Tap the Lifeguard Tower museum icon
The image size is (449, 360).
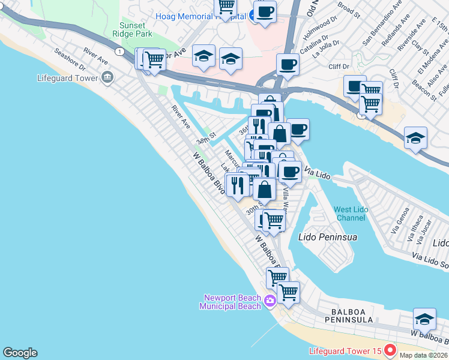tap(108, 77)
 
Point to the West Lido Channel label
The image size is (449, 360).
tap(351, 214)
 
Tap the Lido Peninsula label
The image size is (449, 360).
tap(327, 237)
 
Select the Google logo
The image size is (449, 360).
tap(20, 353)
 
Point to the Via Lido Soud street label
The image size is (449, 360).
tap(429, 260)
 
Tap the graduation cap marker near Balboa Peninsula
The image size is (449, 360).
tap(424, 319)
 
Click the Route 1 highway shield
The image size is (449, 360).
tap(121, 52)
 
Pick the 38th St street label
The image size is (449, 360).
tap(204, 140)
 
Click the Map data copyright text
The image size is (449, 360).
tap(424, 355)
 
